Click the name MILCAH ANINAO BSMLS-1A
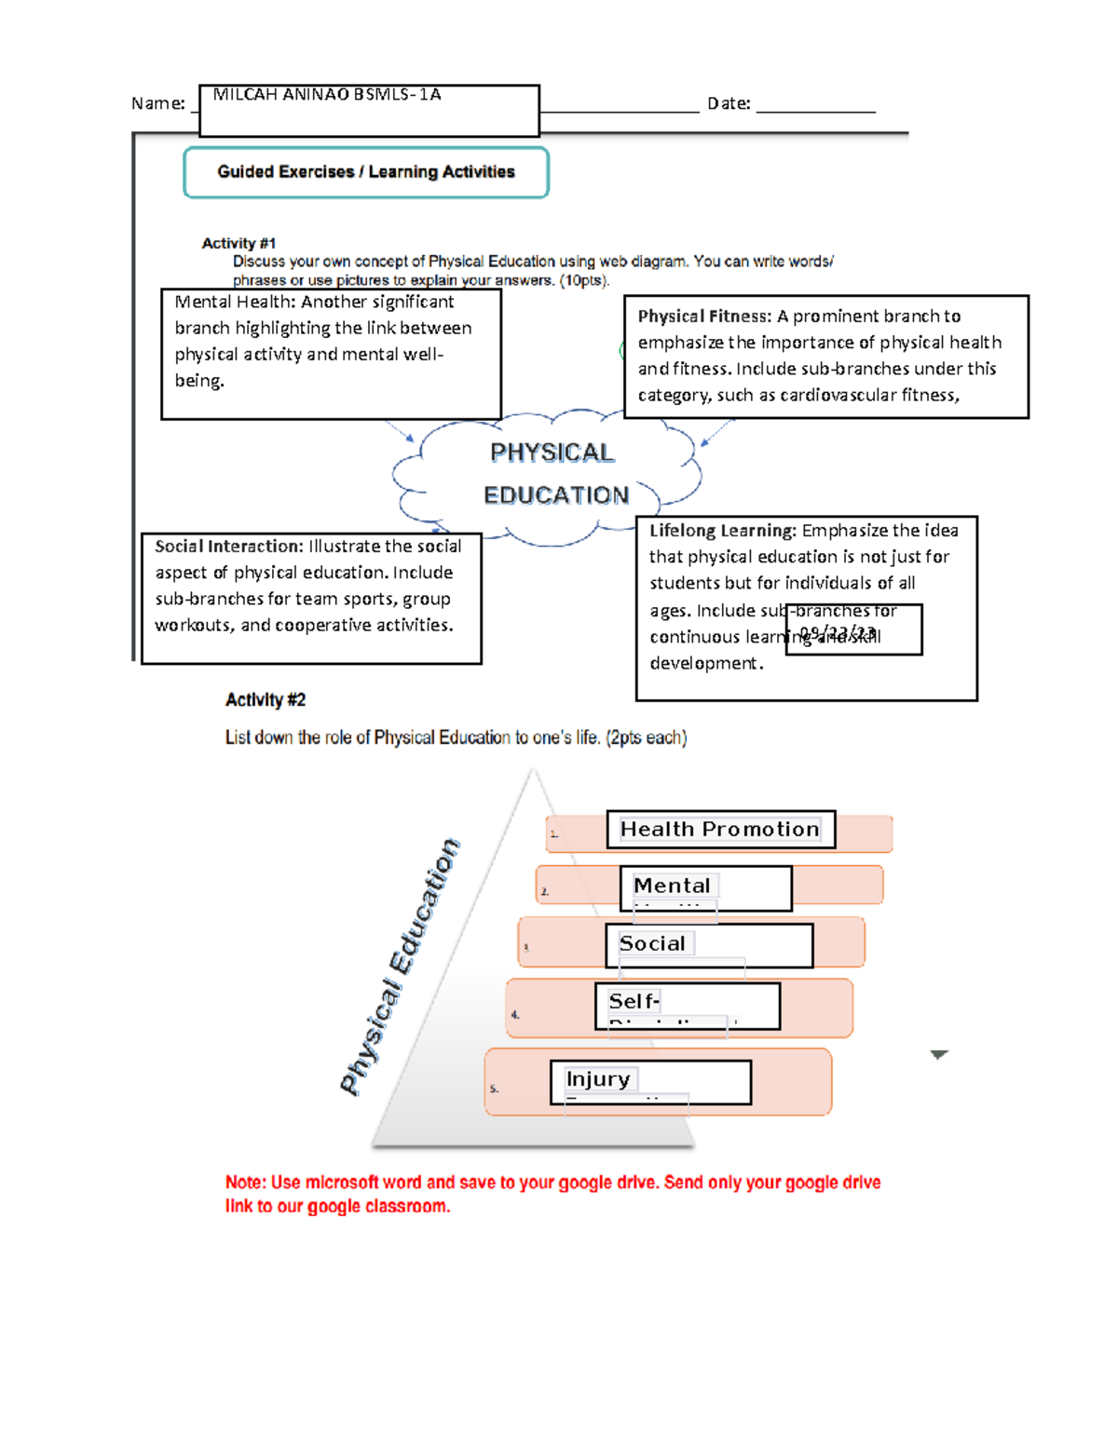tap(326, 95)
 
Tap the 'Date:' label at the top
tap(729, 103)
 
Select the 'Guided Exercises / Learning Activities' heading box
tap(366, 172)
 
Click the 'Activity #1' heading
tap(239, 243)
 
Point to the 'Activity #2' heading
tap(266, 700)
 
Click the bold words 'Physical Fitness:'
tap(704, 317)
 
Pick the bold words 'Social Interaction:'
tap(229, 547)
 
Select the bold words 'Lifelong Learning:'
tap(722, 531)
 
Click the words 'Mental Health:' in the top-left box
tap(234, 302)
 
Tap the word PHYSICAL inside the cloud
tap(552, 453)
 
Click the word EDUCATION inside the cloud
tap(556, 495)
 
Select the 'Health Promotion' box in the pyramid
tap(720, 830)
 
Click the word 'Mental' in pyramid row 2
tap(672, 885)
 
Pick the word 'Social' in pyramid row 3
tap(652, 943)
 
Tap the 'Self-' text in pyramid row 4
tap(634, 1001)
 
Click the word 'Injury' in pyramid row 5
tap(598, 1079)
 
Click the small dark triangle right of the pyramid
tap(939, 1055)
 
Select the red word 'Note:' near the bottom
tap(245, 1182)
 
